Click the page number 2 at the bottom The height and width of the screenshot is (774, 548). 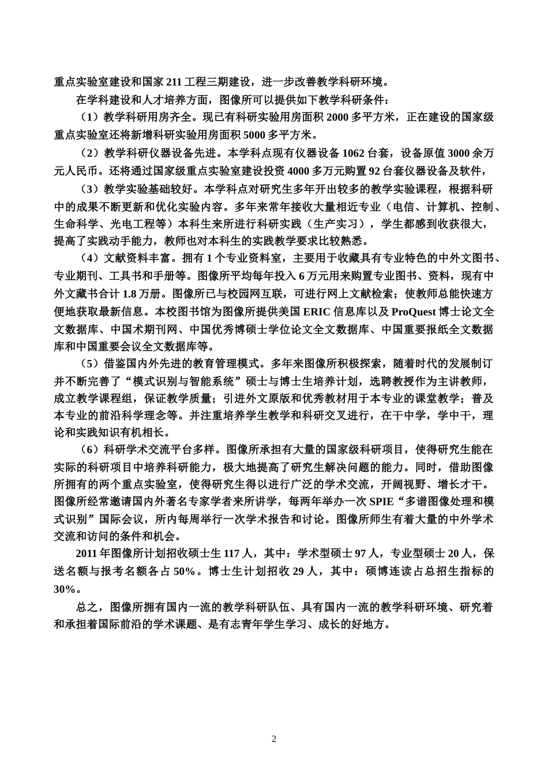click(274, 739)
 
